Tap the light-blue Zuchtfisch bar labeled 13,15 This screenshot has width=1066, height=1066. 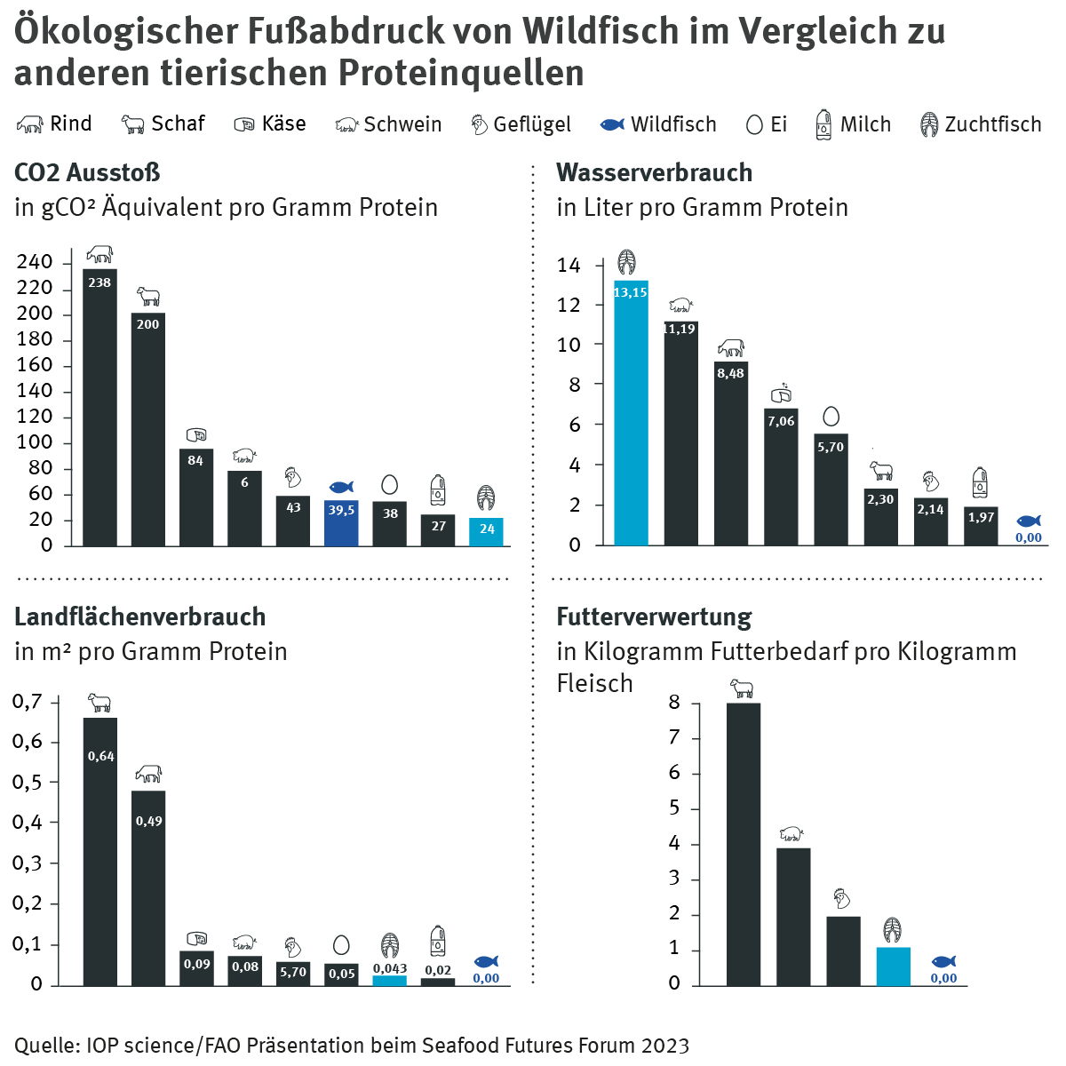(x=631, y=412)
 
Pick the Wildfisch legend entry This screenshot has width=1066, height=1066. (x=658, y=124)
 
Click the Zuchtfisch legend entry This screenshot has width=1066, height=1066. (x=981, y=124)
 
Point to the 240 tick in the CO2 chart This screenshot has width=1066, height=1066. (x=35, y=262)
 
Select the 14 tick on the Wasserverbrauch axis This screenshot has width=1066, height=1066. (x=569, y=266)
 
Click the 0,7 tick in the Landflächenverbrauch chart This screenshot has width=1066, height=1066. (x=28, y=702)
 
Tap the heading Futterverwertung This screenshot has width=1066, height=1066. (x=654, y=617)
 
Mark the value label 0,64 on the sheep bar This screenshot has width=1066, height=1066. (x=100, y=756)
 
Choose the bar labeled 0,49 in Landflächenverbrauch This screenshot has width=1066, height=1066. (x=148, y=887)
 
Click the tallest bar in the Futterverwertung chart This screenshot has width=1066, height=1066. (x=743, y=844)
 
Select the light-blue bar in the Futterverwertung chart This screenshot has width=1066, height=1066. (x=893, y=967)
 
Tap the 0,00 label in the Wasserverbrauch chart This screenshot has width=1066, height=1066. (x=1028, y=537)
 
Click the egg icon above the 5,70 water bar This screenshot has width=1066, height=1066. (x=831, y=417)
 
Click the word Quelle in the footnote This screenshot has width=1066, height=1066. (x=44, y=1046)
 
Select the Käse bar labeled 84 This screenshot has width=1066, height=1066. (x=195, y=497)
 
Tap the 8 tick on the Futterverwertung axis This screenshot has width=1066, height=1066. (x=674, y=703)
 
